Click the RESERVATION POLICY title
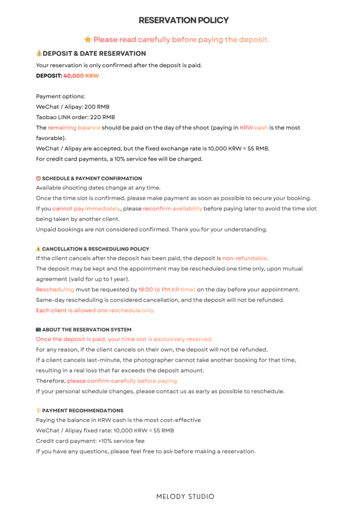pyautogui.click(x=183, y=20)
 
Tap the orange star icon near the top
pyautogui.click(x=88, y=39)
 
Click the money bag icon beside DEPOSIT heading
pyautogui.click(x=39, y=53)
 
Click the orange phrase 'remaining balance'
pyautogui.click(x=74, y=128)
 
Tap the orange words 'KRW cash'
pyautogui.click(x=254, y=128)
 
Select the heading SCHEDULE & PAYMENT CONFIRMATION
pyautogui.click(x=92, y=178)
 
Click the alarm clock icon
pyautogui.click(x=38, y=178)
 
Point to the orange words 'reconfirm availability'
pyautogui.click(x=173, y=209)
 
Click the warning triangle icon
pyautogui.click(x=38, y=249)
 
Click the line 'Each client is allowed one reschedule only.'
pyautogui.click(x=95, y=310)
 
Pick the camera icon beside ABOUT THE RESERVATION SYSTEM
pyautogui.click(x=38, y=330)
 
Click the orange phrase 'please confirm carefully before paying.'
pyautogui.click(x=123, y=381)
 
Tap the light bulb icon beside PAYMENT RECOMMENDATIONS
pyautogui.click(x=38, y=411)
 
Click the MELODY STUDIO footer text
pyautogui.click(x=185, y=497)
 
